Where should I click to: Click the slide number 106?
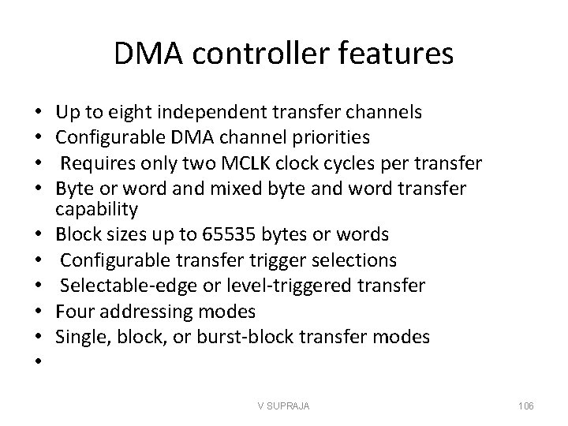(x=525, y=405)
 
